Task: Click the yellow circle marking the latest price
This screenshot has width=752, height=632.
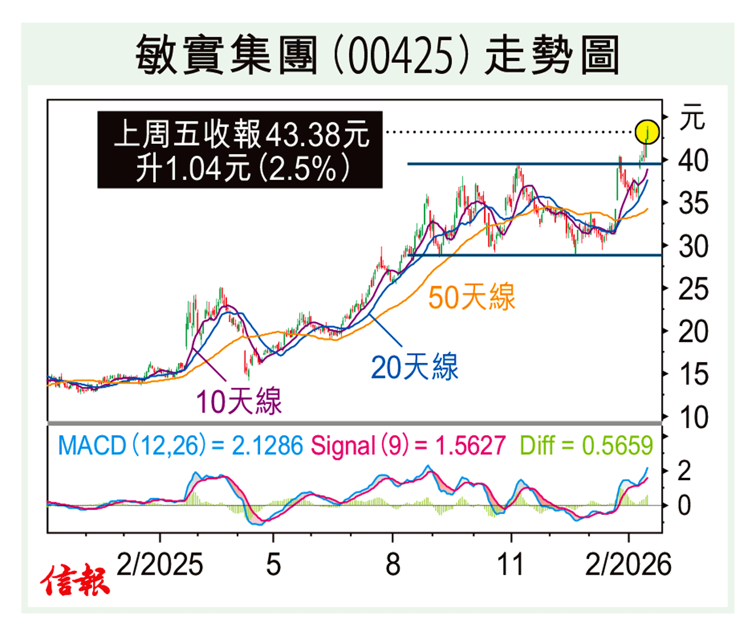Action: pyautogui.click(x=647, y=132)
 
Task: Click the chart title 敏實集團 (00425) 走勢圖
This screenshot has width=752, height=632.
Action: pyautogui.click(x=377, y=55)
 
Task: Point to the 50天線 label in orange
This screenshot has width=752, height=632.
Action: pyautogui.click(x=472, y=297)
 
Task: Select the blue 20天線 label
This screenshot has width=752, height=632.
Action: pyautogui.click(x=415, y=367)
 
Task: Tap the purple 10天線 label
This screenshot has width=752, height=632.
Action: pyautogui.click(x=239, y=402)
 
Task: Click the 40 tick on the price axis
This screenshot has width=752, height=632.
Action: pyautogui.click(x=693, y=161)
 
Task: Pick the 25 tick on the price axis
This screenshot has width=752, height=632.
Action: pyautogui.click(x=693, y=289)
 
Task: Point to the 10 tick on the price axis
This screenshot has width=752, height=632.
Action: pyautogui.click(x=693, y=418)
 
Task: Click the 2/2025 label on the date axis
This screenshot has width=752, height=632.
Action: pyautogui.click(x=160, y=564)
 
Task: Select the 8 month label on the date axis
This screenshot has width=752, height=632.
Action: pyautogui.click(x=393, y=564)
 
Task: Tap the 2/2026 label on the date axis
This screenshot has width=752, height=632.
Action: pyautogui.click(x=628, y=564)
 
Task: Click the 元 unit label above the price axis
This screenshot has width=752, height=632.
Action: pyautogui.click(x=692, y=118)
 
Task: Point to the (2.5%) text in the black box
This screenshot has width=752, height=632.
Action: pyautogui.click(x=305, y=168)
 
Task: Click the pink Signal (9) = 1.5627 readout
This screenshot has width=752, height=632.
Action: pyautogui.click(x=408, y=446)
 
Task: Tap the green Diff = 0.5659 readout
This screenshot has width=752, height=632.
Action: pyautogui.click(x=586, y=446)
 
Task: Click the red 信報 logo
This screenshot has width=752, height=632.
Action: pyautogui.click(x=74, y=580)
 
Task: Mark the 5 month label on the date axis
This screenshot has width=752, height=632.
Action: pyautogui.click(x=273, y=564)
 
